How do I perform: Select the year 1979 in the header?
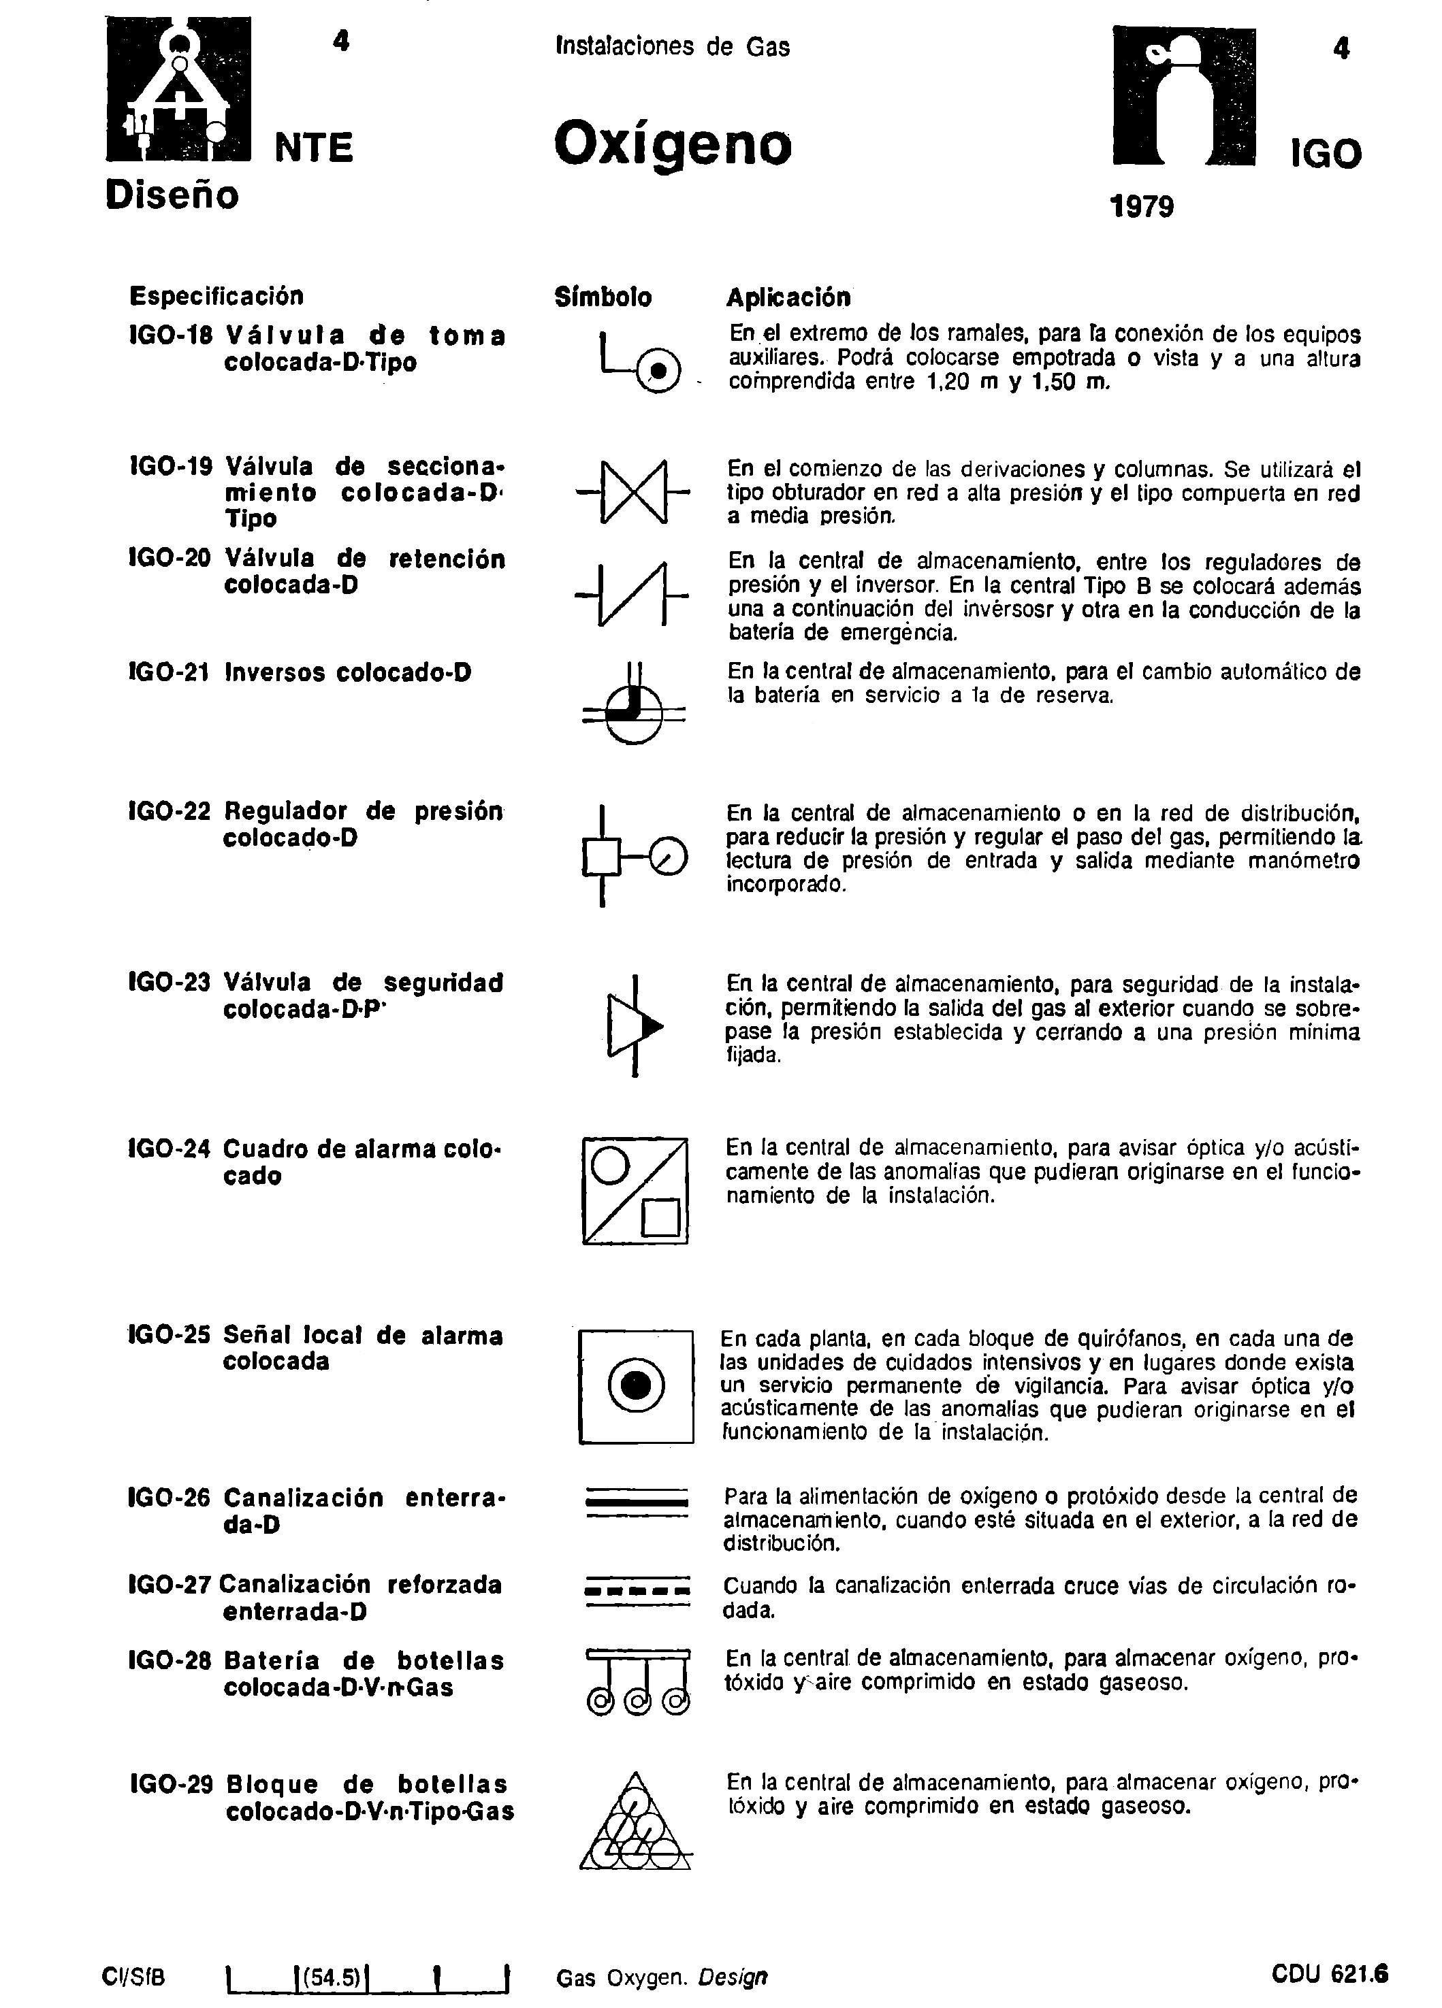1141,207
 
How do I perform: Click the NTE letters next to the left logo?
314,148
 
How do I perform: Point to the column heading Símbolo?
603,297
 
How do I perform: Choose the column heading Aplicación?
788,297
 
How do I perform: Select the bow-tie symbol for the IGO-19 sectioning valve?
633,493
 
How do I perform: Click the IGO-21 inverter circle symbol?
633,712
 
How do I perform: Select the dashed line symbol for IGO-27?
637,1591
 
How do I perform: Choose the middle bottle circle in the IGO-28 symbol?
636,1701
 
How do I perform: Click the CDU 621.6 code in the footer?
1328,1975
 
